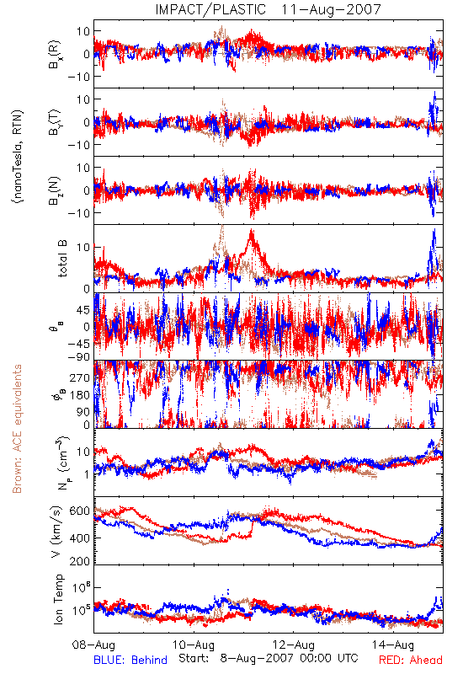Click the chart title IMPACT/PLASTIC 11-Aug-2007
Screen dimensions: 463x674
(268, 9)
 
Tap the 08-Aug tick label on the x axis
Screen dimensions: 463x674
(93, 645)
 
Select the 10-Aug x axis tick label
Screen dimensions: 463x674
(194, 645)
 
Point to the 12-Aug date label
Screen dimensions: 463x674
(294, 645)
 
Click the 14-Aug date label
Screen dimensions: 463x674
(393, 645)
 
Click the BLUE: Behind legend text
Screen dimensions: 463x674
(130, 660)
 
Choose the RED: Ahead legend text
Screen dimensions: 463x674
(411, 660)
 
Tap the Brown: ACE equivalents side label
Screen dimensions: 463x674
(17, 429)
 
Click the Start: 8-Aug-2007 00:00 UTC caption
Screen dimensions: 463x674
(269, 658)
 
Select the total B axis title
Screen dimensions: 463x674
(62, 259)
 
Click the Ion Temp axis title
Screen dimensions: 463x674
(58, 599)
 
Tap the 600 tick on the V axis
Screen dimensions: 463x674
(80, 511)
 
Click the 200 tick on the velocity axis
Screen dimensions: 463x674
(80, 560)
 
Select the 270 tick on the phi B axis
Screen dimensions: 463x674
(80, 377)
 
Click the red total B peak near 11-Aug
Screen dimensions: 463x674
(251, 233)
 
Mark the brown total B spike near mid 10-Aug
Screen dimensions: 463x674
(222, 227)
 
